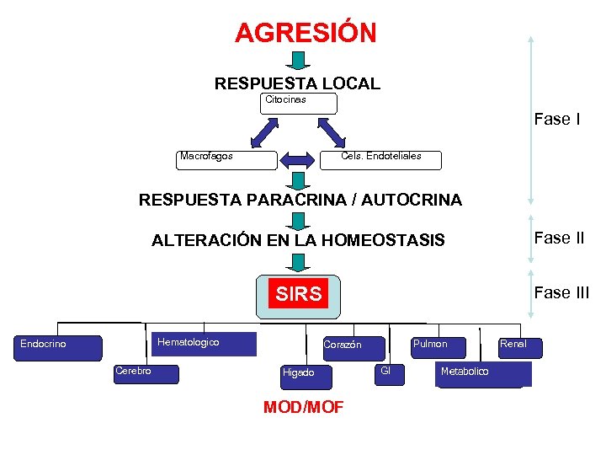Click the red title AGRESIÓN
[306, 33]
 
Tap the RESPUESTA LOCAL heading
[297, 83]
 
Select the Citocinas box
[299, 104]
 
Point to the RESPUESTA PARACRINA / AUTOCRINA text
[300, 200]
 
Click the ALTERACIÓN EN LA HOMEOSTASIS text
[298, 241]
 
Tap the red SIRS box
[299, 294]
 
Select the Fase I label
[556, 120]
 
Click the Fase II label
[559, 238]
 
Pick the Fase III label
[561, 293]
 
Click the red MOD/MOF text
[303, 408]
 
